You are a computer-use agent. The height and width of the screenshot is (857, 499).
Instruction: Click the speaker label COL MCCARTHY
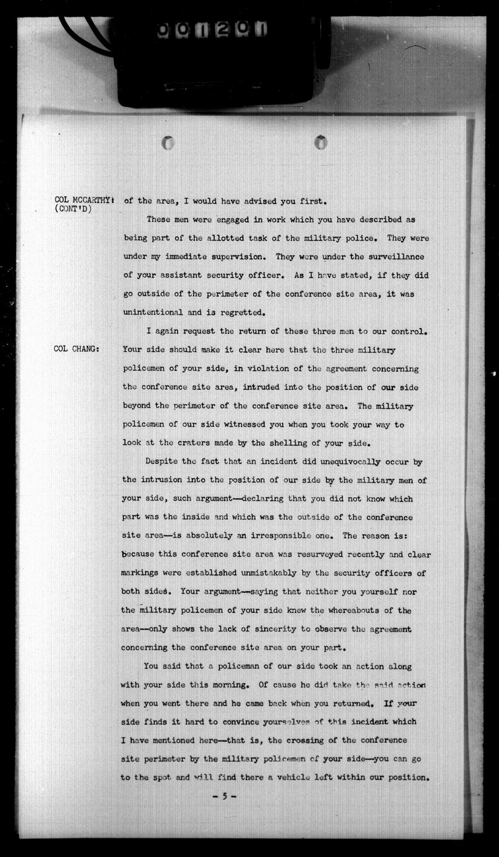click(x=83, y=200)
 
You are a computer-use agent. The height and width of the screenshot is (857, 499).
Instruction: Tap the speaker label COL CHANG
click(x=77, y=349)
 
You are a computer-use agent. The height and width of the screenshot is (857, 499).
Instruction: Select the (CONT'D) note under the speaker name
click(x=73, y=209)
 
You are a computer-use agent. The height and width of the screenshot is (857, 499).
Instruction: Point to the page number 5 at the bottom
click(x=225, y=796)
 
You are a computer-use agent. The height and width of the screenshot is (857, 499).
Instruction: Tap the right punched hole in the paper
click(x=320, y=142)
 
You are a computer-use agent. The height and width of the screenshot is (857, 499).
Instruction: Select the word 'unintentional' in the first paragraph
click(x=153, y=312)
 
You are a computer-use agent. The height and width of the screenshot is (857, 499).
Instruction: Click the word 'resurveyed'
click(x=319, y=555)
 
